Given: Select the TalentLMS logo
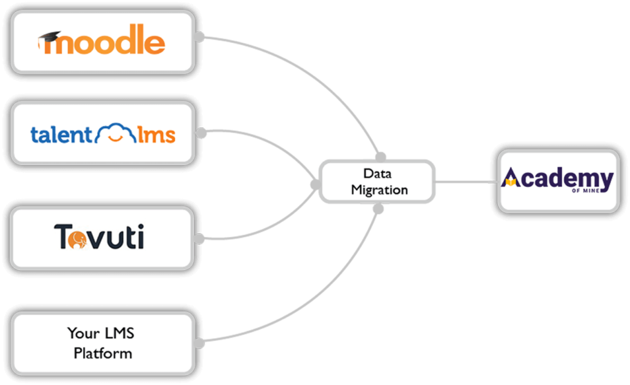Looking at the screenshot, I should coord(103,133).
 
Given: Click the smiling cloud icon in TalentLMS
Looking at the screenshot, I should coord(115,133).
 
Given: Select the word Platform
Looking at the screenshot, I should coord(103,353).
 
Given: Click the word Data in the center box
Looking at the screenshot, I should coord(377,173).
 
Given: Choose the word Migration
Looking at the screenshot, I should coord(379,189).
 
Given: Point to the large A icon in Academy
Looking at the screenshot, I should coord(510,179).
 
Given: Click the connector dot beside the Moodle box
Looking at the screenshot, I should coord(200,37).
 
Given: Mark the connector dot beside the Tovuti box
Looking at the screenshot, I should coord(200,239).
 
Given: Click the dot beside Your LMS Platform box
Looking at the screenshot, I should coord(200,343).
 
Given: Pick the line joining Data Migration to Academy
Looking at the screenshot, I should coord(466,181).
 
